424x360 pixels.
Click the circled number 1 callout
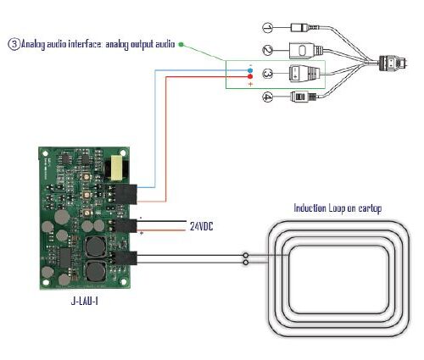[x=267, y=28]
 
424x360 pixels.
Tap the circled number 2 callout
[x=267, y=50]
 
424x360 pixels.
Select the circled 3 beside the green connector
[x=267, y=74]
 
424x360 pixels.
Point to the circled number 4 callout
[x=267, y=97]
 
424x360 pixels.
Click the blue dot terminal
[x=250, y=70]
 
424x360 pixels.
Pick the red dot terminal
[x=250, y=76]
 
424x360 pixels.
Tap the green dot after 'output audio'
[x=181, y=44]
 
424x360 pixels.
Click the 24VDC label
[x=201, y=226]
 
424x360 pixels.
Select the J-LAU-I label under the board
[x=84, y=302]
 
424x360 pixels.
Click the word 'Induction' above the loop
[x=310, y=208]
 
